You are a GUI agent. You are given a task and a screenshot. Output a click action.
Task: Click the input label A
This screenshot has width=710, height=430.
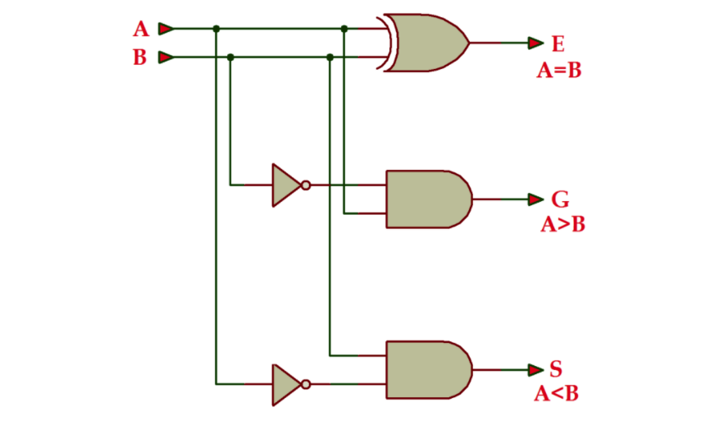point(141,30)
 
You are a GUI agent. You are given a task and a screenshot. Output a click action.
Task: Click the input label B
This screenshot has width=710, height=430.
point(141,58)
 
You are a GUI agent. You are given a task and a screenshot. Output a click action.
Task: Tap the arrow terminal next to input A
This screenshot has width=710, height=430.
point(166,29)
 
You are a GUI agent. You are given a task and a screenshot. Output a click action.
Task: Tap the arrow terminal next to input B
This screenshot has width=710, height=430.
point(166,57)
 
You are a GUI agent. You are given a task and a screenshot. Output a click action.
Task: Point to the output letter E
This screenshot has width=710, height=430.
point(558,43)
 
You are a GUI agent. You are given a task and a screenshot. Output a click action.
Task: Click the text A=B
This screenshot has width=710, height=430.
point(559,71)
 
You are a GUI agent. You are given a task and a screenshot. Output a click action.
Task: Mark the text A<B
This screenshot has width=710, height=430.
point(557,395)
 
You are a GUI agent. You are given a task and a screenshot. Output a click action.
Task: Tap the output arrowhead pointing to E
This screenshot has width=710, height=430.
point(535,43)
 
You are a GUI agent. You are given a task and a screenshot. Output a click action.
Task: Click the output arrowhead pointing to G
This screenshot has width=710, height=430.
point(535,199)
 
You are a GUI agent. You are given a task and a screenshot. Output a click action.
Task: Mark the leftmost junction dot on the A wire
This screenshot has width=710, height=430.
point(216,29)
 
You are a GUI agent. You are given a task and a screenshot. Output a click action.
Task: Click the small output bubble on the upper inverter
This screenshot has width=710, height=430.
point(305,185)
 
